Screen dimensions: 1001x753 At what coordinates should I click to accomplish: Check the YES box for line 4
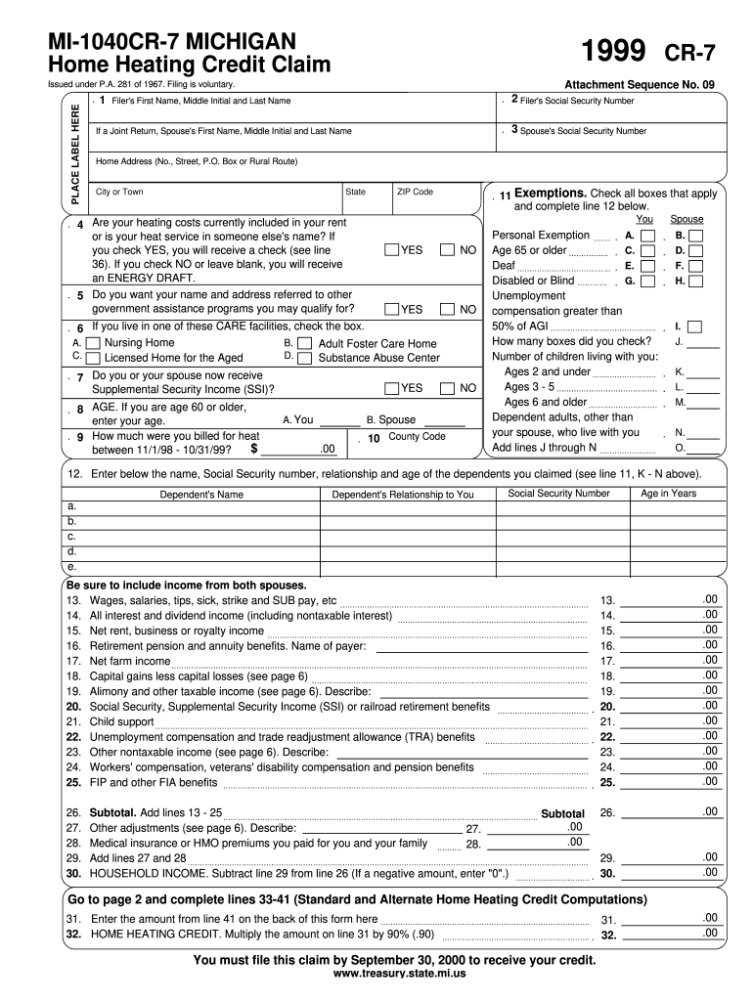(392, 250)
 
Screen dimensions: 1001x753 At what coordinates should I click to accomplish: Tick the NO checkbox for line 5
(448, 309)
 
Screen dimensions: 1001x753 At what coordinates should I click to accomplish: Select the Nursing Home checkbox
(93, 343)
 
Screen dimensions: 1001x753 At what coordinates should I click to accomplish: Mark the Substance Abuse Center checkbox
(304, 358)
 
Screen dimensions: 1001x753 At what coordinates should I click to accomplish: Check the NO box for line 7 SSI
(448, 388)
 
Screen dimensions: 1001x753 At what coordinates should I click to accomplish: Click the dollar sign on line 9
(254, 449)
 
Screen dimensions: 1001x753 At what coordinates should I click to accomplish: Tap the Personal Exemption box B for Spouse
(694, 236)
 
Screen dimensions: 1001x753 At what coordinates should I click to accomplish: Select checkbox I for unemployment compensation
(694, 326)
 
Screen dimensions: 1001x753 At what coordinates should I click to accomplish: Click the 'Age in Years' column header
(668, 494)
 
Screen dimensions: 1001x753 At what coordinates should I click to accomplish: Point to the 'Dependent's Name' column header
(201, 495)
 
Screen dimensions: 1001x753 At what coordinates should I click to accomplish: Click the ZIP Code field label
(415, 192)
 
